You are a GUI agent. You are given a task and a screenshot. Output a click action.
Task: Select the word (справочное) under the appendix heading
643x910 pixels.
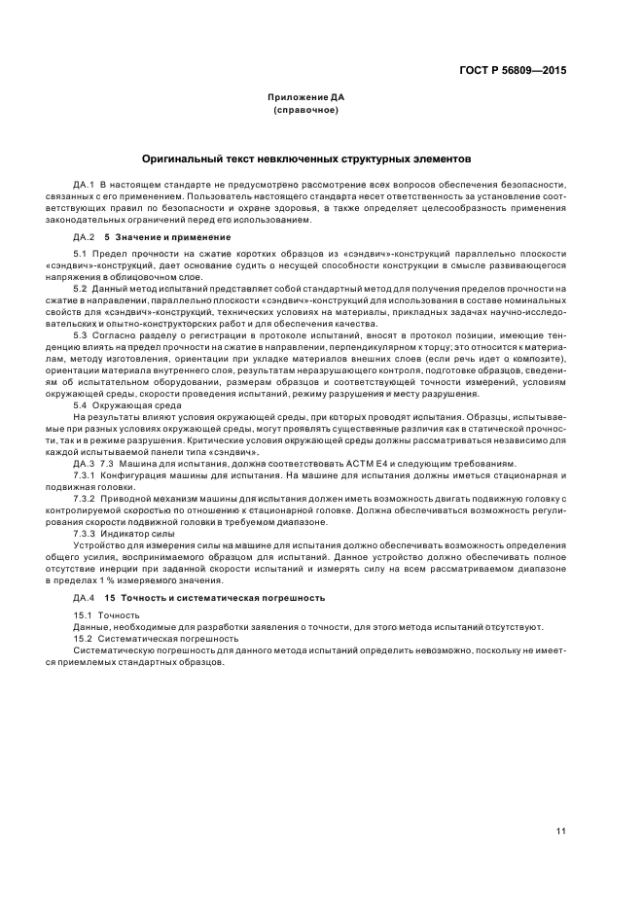click(305, 110)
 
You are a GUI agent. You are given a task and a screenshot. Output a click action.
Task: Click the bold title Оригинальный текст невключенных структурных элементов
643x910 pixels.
click(305, 157)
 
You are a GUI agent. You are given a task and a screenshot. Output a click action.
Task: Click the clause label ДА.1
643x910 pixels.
click(83, 183)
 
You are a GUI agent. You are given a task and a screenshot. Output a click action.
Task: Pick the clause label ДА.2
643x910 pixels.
click(83, 236)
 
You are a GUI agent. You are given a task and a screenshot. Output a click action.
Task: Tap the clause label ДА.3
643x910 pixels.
click(83, 463)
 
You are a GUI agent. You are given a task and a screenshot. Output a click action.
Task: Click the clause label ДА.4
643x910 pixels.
click(83, 596)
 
